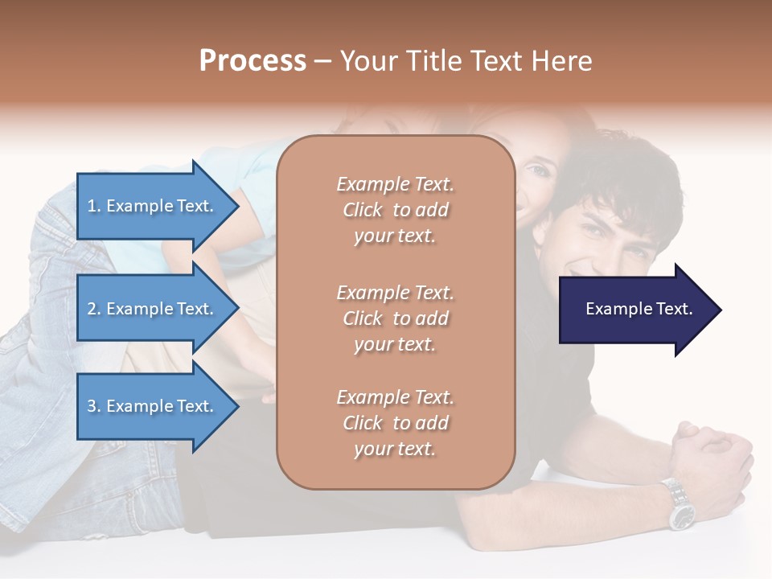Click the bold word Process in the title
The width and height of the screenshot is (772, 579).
click(253, 61)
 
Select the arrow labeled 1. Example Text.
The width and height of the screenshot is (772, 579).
click(153, 206)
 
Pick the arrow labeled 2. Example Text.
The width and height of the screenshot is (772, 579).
click(153, 309)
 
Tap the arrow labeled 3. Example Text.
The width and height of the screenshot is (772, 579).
click(153, 406)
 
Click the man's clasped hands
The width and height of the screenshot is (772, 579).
click(708, 450)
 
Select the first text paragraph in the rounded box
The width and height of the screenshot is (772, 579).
click(395, 210)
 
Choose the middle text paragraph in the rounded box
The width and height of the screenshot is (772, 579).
click(395, 318)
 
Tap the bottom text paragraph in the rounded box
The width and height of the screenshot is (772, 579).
click(395, 423)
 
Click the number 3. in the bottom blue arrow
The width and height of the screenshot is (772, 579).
click(94, 406)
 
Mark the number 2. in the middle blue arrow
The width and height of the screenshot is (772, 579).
click(94, 309)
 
